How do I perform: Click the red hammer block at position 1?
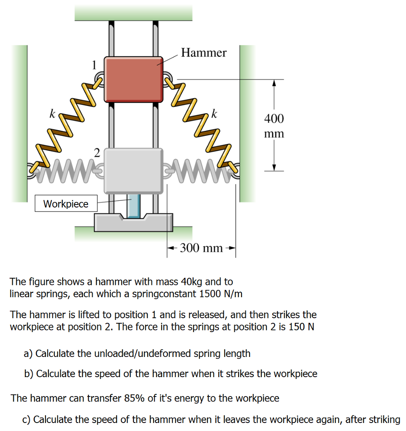tap(134, 80)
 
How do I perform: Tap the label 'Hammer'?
tap(204, 53)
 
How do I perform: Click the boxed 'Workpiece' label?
tap(66, 204)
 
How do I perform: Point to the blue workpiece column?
tap(134, 207)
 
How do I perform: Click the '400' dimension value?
tap(274, 119)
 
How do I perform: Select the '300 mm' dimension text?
tap(201, 248)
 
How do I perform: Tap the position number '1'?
tap(95, 64)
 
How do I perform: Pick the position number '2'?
tap(97, 152)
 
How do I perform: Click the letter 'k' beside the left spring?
tap(52, 114)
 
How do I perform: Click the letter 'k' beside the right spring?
tap(215, 114)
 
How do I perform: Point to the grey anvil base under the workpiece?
tap(133, 223)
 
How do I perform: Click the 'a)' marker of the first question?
tap(28, 353)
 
